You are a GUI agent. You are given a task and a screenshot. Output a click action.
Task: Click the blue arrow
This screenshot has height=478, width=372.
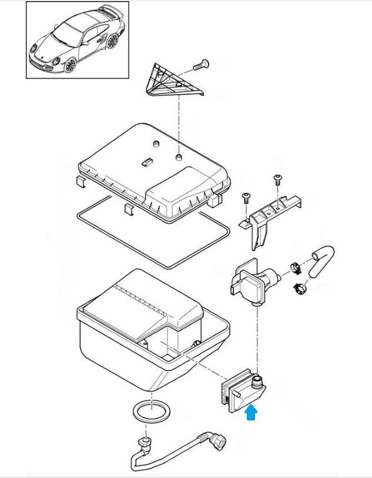click(252, 414)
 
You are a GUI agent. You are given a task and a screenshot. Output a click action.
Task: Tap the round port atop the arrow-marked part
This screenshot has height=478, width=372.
click(256, 381)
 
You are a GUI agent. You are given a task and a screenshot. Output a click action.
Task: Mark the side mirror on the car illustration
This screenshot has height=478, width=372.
click(84, 43)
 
